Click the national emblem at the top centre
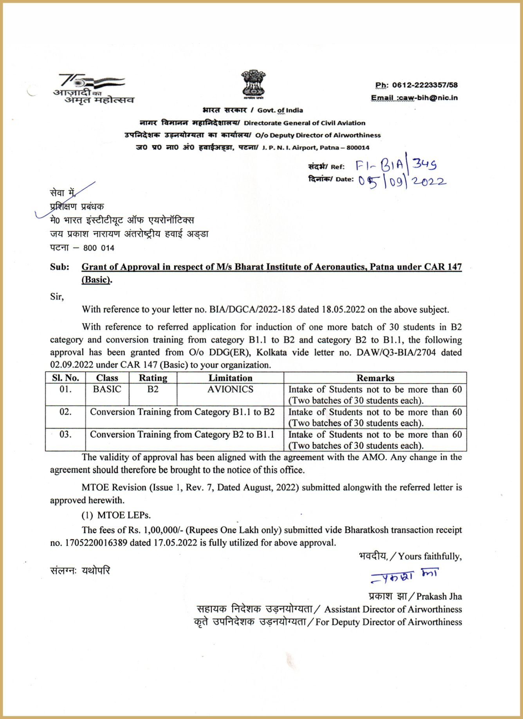[253, 84]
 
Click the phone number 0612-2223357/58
[425, 85]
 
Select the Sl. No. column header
[65, 378]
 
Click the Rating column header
[153, 378]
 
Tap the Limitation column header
[230, 378]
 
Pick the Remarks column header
[375, 378]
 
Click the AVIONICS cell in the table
[230, 389]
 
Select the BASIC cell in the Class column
[107, 389]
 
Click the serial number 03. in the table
[65, 434]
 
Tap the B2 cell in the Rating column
[153, 389]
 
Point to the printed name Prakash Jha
[439, 596]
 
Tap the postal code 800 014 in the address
[99, 248]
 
